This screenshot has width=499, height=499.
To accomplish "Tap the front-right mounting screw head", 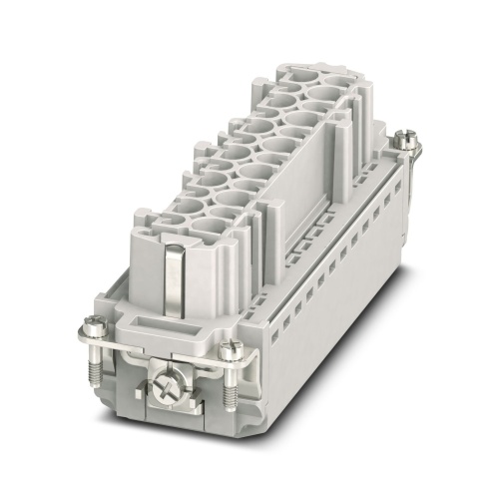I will tap(233, 348).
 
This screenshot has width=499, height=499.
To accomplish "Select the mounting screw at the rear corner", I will tap(406, 141).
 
